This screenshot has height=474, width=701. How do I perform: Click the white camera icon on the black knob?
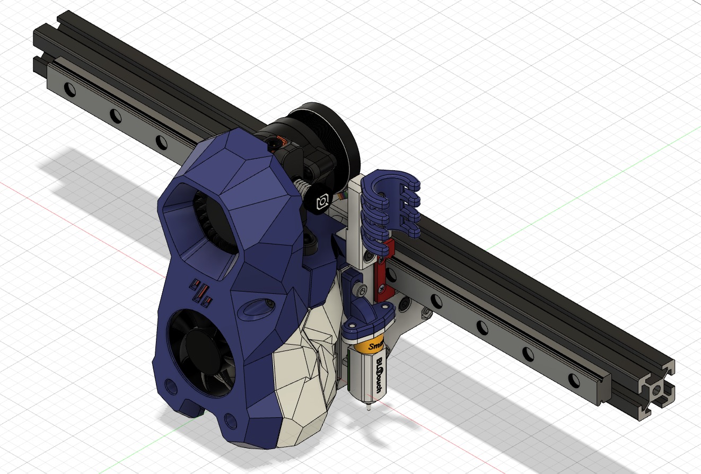pyautogui.click(x=322, y=202)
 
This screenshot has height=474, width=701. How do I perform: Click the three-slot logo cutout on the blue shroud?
pyautogui.click(x=201, y=293)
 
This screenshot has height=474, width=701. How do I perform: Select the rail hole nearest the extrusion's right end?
pyautogui.click(x=574, y=380)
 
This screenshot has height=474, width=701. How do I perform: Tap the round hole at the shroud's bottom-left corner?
pyautogui.click(x=171, y=384)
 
